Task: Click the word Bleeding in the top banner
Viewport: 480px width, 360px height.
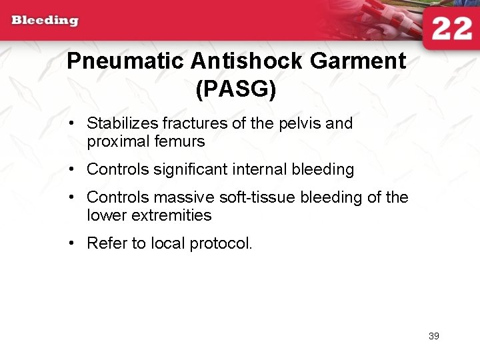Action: click(x=45, y=20)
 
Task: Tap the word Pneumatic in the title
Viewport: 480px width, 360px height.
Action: click(x=125, y=61)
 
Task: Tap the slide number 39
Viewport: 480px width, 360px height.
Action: click(x=433, y=336)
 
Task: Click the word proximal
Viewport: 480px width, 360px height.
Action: click(x=115, y=142)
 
